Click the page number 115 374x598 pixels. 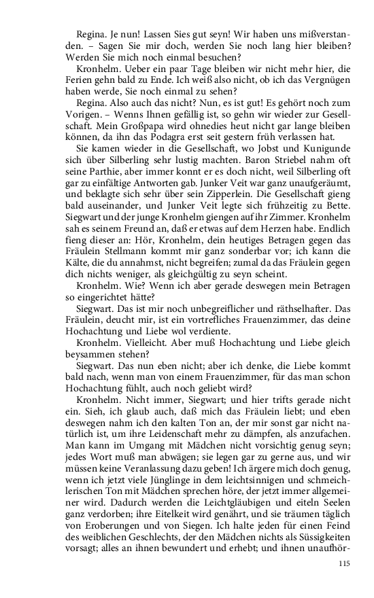tap(344, 564)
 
